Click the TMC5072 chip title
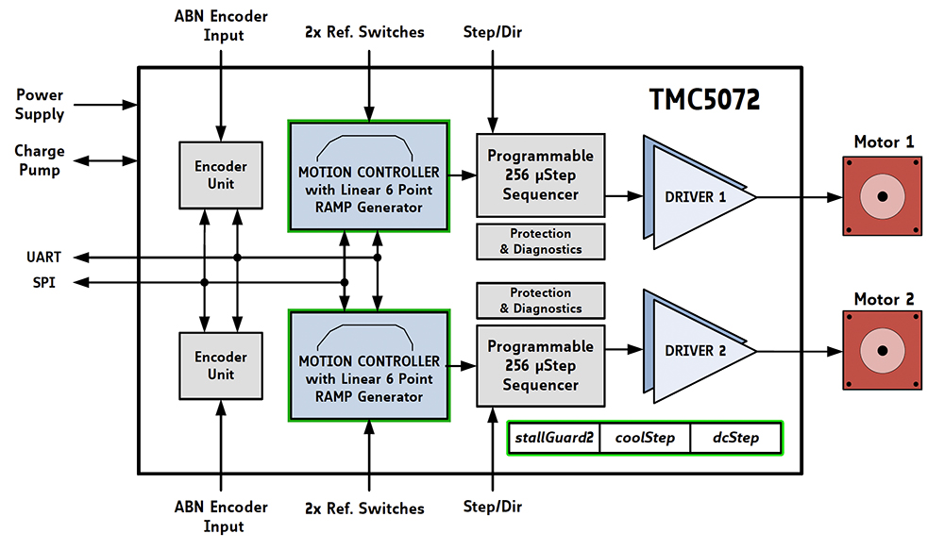704,99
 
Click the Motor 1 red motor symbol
882,196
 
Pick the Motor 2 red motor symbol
882,350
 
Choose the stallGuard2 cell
554,438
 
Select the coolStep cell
645,438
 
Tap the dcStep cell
735,438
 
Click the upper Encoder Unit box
221,175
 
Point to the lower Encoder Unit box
221,366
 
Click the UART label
44,258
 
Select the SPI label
44,282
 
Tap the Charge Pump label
39,160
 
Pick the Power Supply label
39,104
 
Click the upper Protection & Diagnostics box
541,242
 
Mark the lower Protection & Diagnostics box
541,300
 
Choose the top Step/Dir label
493,32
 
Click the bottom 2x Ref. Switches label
364,508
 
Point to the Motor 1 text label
884,142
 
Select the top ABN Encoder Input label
221,25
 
